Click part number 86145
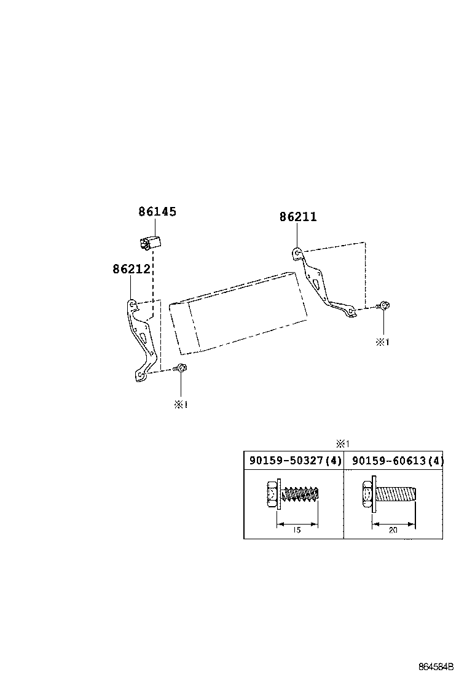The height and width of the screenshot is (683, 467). pyautogui.click(x=157, y=212)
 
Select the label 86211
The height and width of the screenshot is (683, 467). pyautogui.click(x=298, y=217)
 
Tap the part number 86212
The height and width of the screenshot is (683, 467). pyautogui.click(x=131, y=269)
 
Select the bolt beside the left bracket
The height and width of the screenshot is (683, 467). pyautogui.click(x=182, y=368)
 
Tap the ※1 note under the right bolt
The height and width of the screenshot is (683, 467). pyautogui.click(x=382, y=342)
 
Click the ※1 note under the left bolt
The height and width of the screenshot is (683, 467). pyautogui.click(x=180, y=405)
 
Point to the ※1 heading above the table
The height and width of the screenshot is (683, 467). pyautogui.click(x=342, y=443)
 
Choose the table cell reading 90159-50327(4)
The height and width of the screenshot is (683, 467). pyautogui.click(x=294, y=461)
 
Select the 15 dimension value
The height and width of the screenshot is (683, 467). pyautogui.click(x=297, y=530)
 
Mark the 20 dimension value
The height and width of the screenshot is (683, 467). pyautogui.click(x=393, y=530)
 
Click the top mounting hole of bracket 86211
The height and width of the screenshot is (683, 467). pyautogui.click(x=296, y=251)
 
